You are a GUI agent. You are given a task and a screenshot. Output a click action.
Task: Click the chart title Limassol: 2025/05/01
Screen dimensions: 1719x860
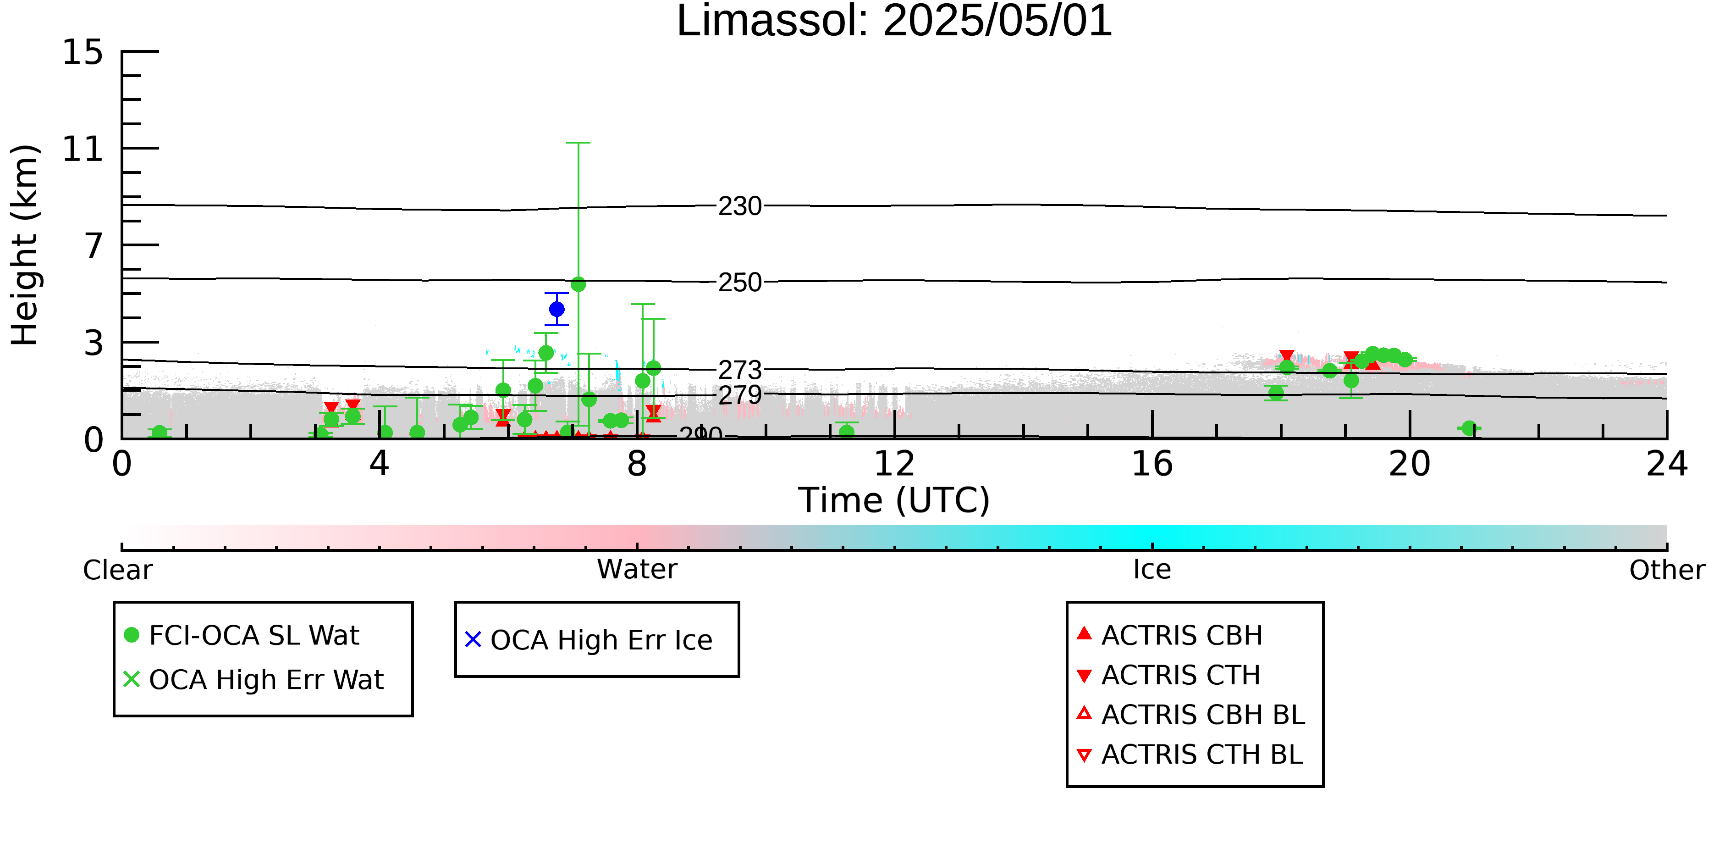click(x=894, y=22)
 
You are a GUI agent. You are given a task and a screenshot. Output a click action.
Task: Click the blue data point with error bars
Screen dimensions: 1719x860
click(x=556, y=309)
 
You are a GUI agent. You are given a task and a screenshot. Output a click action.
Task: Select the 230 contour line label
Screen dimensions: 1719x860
click(x=739, y=206)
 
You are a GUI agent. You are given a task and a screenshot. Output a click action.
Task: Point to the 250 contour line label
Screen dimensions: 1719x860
click(x=739, y=283)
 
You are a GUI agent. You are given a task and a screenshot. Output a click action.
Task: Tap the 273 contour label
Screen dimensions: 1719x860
click(x=739, y=370)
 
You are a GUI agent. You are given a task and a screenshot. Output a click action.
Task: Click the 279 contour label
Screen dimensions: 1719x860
click(x=739, y=395)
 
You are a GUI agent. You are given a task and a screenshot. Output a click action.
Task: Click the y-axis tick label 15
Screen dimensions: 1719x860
click(x=83, y=52)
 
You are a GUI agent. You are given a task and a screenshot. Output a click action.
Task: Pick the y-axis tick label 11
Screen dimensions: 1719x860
click(x=83, y=149)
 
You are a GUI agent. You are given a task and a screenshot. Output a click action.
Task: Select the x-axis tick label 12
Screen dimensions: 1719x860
click(x=894, y=463)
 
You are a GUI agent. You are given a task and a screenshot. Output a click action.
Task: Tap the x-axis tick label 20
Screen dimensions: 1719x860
click(x=1410, y=463)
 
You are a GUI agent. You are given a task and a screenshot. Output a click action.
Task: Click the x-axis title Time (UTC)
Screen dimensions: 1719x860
click(x=894, y=500)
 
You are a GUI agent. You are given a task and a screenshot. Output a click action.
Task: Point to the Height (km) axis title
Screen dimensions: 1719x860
click(x=25, y=245)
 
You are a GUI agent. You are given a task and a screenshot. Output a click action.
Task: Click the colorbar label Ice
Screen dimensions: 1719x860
click(x=1152, y=570)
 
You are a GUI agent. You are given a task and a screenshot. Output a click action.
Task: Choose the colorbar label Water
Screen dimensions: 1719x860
click(x=637, y=570)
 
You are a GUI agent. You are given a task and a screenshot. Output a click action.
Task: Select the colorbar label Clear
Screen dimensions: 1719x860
click(x=117, y=570)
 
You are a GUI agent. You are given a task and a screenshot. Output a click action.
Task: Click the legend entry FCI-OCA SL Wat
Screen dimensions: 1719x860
click(x=242, y=635)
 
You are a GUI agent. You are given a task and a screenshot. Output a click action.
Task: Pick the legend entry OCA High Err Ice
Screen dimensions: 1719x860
click(x=589, y=640)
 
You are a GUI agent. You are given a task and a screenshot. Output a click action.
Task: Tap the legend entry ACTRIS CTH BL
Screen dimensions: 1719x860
click(x=1190, y=755)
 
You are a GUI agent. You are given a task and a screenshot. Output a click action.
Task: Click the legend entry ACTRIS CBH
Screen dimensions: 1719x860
click(x=1170, y=635)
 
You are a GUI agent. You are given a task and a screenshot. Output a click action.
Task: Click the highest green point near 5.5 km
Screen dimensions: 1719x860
click(x=579, y=284)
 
